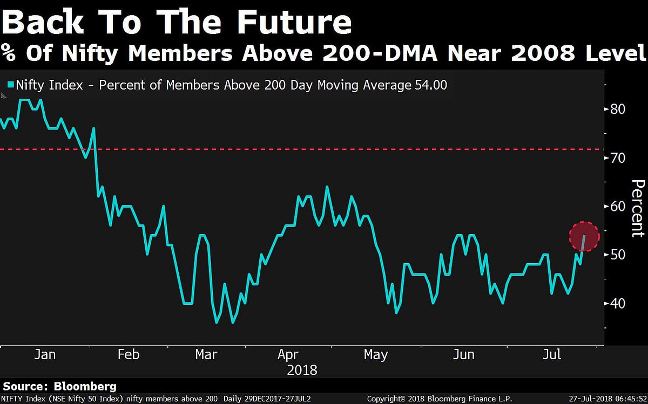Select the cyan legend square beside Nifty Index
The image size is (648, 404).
(10, 85)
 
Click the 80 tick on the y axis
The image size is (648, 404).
(617, 109)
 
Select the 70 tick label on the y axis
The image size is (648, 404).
(617, 158)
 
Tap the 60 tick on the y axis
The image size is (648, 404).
(617, 207)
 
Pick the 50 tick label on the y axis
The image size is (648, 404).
(617, 255)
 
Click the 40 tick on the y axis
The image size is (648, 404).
(617, 303)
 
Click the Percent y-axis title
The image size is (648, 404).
(637, 208)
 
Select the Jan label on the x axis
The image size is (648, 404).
(45, 354)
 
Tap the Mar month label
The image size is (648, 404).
(206, 354)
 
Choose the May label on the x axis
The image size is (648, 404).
(375, 354)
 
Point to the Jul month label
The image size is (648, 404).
(551, 354)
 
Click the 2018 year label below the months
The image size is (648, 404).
(302, 370)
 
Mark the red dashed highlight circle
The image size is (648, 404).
(584, 236)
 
